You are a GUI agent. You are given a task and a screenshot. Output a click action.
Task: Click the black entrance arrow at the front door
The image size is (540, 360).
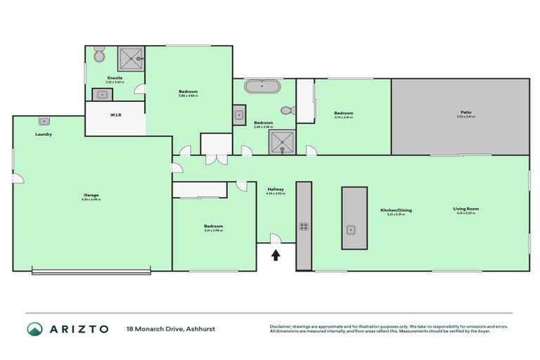[276, 255]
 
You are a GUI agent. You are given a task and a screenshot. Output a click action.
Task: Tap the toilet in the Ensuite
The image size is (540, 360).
[99, 55]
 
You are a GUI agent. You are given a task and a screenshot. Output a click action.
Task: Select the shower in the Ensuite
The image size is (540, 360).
[130, 59]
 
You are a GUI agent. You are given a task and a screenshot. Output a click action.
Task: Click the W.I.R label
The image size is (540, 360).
[116, 115]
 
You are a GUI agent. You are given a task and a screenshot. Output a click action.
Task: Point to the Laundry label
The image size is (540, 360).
[44, 134]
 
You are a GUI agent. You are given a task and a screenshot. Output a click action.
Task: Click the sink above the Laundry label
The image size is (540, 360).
[44, 121]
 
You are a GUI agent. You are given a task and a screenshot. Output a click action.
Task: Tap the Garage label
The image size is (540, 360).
[91, 195]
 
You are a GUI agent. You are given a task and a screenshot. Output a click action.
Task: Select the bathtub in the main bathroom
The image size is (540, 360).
[262, 88]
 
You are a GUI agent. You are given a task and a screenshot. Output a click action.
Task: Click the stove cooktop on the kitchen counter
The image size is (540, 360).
[304, 226]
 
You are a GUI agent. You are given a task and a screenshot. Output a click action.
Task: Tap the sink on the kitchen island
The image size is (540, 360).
[349, 229]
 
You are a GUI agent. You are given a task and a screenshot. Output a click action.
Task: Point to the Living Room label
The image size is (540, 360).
[465, 209]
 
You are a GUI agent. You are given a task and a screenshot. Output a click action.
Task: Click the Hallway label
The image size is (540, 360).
[275, 188]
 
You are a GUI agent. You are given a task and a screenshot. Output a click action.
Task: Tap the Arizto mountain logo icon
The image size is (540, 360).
[34, 328]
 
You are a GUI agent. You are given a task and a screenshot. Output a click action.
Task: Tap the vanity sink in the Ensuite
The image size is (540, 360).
[102, 94]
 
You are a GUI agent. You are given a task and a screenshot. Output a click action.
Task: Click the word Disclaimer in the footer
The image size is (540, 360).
[281, 326]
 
